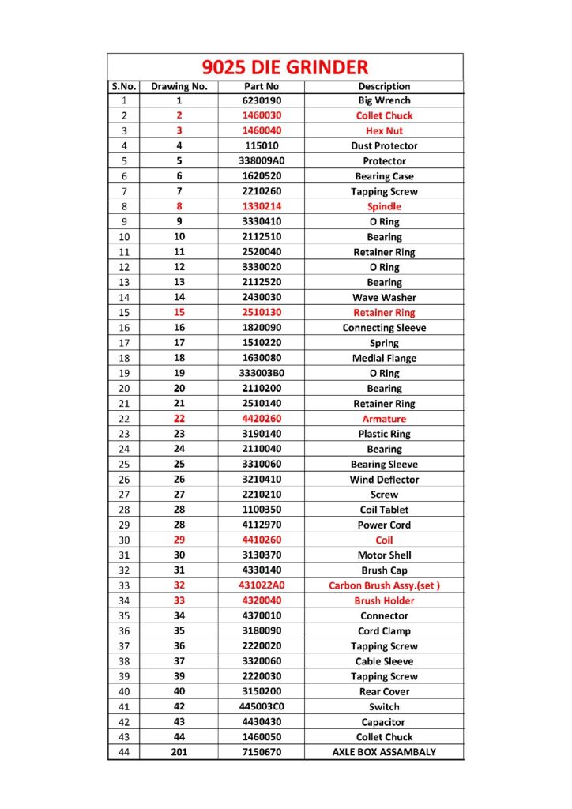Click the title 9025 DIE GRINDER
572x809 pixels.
coord(284,67)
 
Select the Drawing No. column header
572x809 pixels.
coord(179,86)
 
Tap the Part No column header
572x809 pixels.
coord(261,86)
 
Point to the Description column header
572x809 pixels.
coord(384,86)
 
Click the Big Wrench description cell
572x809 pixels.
coord(384,100)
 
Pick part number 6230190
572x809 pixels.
coord(261,100)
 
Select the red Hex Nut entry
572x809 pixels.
coord(384,130)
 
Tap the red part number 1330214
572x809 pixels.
coord(261,206)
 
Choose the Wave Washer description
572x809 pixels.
coord(384,298)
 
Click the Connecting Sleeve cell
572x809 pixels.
coord(384,328)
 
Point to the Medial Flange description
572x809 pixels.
coord(384,358)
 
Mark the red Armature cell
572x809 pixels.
coord(384,419)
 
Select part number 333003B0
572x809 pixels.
coord(261,373)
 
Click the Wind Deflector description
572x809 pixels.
coord(384,480)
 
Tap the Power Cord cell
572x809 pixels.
coord(384,525)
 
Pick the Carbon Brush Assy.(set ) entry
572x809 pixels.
coord(384,585)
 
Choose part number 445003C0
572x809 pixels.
coord(261,707)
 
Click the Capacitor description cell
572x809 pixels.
coord(384,722)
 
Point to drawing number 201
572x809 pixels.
coord(179,752)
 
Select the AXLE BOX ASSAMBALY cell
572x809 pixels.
coord(384,752)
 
